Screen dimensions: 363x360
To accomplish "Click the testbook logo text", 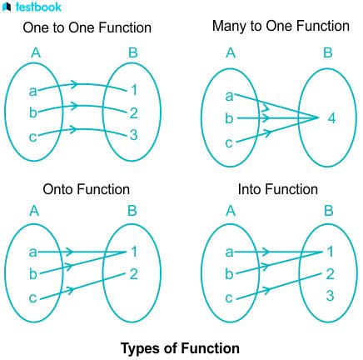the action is pyautogui.click(x=38, y=7).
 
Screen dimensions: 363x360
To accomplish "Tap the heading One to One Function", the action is pyautogui.click(x=87, y=27).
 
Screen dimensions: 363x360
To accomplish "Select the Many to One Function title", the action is pyautogui.click(x=281, y=26).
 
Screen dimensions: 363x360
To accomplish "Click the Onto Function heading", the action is pyautogui.click(x=87, y=189).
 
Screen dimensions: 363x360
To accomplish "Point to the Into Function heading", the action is pyautogui.click(x=278, y=189).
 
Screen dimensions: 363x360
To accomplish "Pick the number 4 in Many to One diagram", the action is pyautogui.click(x=331, y=118).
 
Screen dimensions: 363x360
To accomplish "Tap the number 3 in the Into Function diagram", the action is pyautogui.click(x=330, y=296).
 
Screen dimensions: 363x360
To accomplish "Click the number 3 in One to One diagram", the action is pyautogui.click(x=134, y=135).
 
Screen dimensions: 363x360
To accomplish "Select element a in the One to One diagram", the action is pyautogui.click(x=32, y=91).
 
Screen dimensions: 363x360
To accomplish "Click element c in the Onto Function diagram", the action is pyautogui.click(x=32, y=298).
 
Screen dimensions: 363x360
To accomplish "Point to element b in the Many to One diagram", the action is pyautogui.click(x=229, y=118).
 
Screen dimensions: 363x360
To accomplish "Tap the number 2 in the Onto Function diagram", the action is pyautogui.click(x=134, y=274).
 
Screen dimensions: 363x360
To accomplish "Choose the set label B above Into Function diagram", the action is pyautogui.click(x=329, y=211).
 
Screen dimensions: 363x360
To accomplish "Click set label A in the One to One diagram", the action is pyautogui.click(x=36, y=52).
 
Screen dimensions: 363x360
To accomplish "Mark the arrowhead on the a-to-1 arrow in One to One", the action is pyautogui.click(x=74, y=84).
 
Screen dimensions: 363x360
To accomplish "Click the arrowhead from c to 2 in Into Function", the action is pyautogui.click(x=266, y=290).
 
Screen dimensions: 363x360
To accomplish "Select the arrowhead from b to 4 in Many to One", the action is pyautogui.click(x=266, y=118).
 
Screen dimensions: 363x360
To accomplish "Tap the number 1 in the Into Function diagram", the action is pyautogui.click(x=330, y=252).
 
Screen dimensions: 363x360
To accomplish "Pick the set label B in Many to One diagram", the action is pyautogui.click(x=328, y=52).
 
